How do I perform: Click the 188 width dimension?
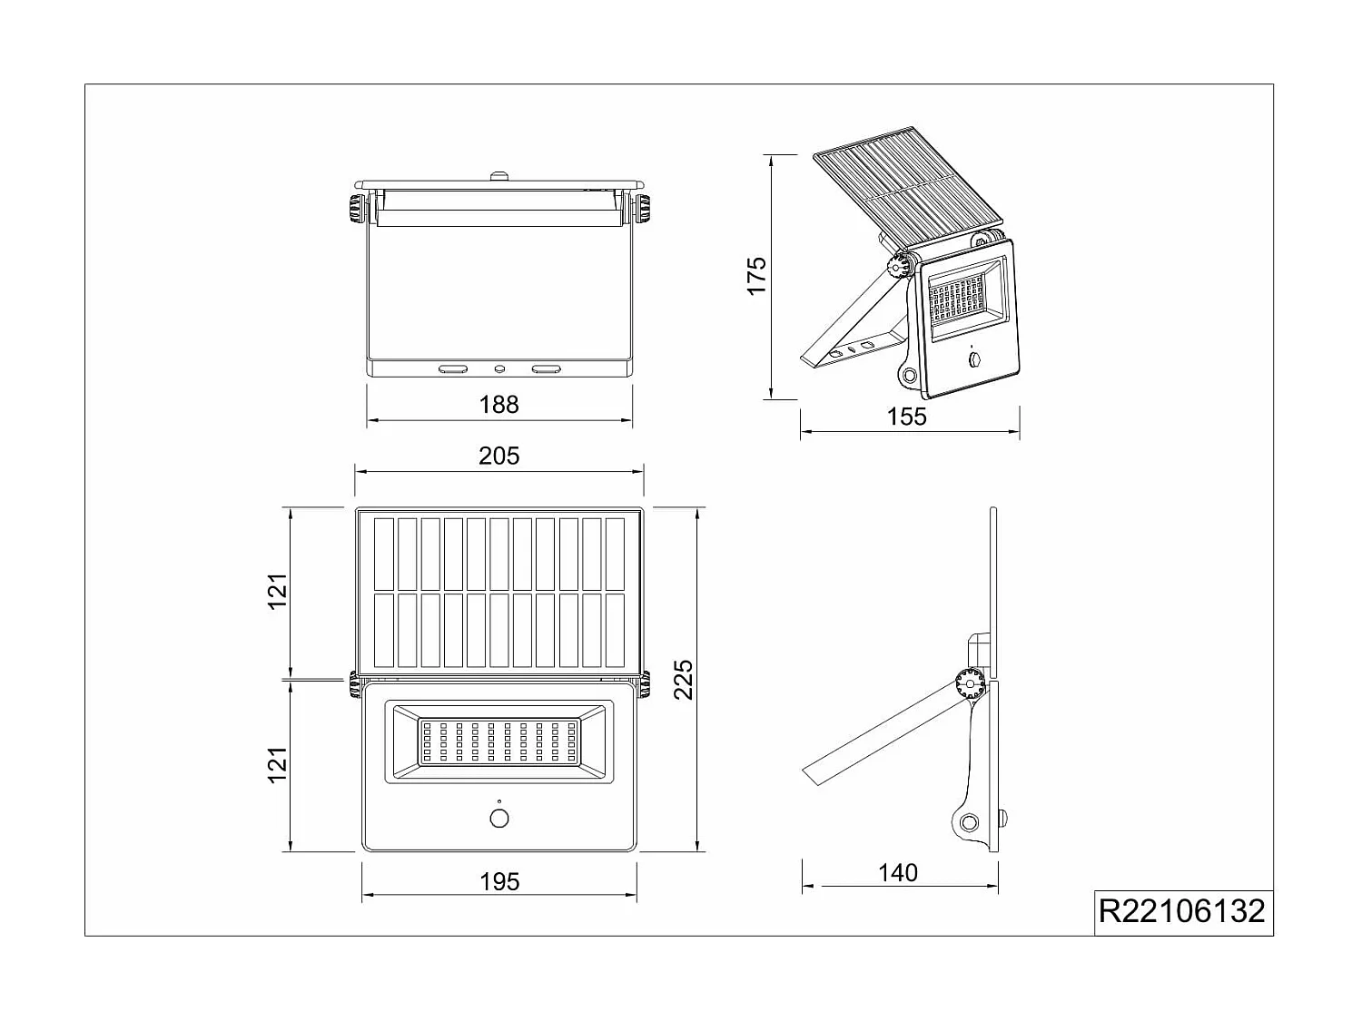click(498, 405)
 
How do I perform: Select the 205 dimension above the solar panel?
click(498, 456)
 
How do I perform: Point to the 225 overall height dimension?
click(684, 679)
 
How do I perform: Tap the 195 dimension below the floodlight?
click(499, 881)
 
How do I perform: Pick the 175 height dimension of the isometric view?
click(757, 275)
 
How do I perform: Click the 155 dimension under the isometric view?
click(906, 417)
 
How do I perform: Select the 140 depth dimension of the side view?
click(898, 873)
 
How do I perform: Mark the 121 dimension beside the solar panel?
click(278, 592)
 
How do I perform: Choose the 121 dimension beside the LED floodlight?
click(278, 765)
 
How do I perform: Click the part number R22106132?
click(1181, 911)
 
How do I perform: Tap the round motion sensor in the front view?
click(499, 819)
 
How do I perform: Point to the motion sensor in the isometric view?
click(975, 360)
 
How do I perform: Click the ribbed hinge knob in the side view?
click(969, 682)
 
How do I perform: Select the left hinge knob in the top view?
click(355, 210)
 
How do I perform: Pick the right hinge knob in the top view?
click(643, 210)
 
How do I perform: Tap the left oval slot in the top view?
click(452, 369)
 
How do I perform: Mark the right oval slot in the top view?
click(546, 369)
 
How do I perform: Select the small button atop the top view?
click(498, 175)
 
